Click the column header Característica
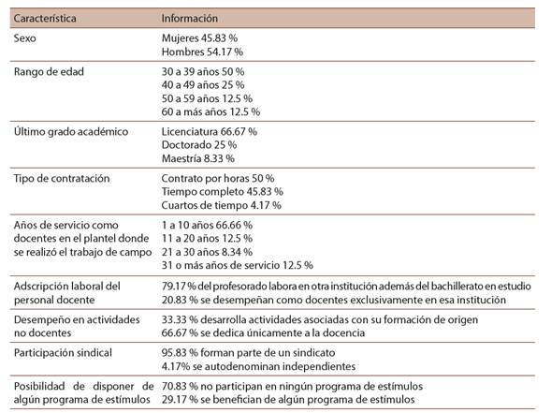(x=45, y=19)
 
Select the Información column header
(x=189, y=19)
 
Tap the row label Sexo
(x=25, y=38)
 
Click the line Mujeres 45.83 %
(x=199, y=38)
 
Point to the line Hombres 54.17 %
(x=202, y=52)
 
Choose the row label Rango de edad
(x=49, y=72)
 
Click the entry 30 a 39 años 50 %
(x=203, y=72)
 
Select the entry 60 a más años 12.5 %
(x=210, y=111)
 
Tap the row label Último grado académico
(x=71, y=131)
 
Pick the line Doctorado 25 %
(x=199, y=145)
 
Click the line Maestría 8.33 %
(x=198, y=158)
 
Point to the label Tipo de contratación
(x=62, y=178)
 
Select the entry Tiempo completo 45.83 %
(x=223, y=192)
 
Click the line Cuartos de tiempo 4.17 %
(x=222, y=205)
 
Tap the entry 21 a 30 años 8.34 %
(x=207, y=252)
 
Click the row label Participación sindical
(x=63, y=353)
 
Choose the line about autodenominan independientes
(x=258, y=366)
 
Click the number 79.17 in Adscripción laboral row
(x=174, y=286)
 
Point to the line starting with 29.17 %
(x=288, y=400)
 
